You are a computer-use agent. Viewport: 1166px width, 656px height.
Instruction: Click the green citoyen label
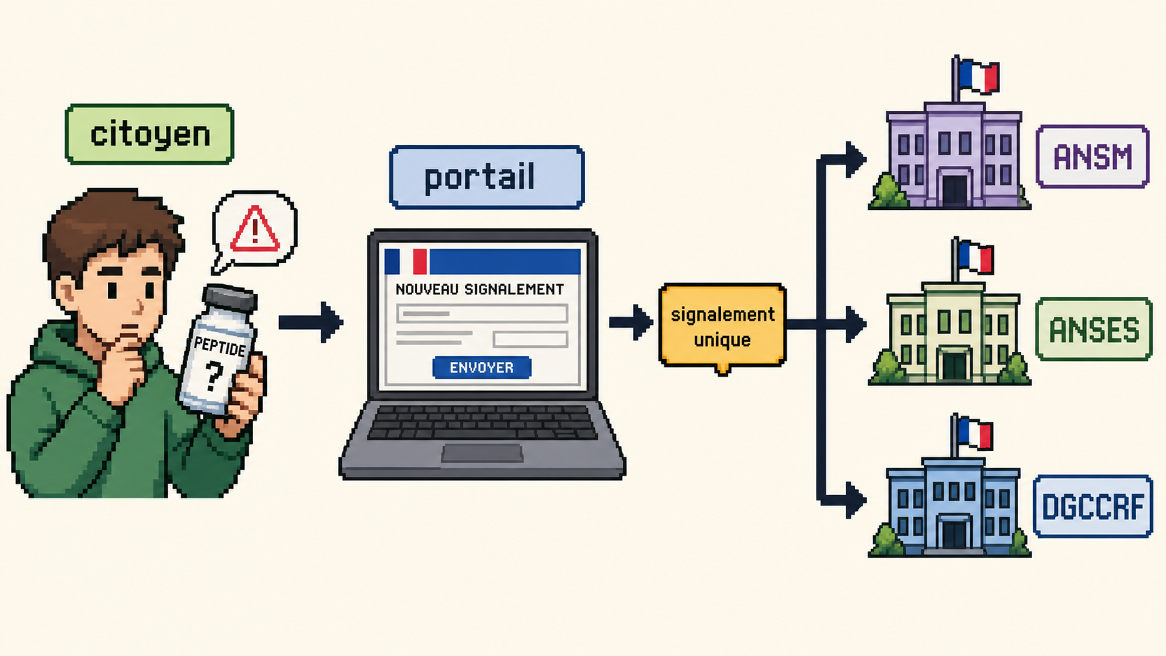point(149,135)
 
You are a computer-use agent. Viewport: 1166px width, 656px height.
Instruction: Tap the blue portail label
point(487,177)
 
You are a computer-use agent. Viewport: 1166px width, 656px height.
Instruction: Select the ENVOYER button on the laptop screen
point(481,367)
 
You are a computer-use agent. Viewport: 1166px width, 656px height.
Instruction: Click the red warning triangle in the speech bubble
point(255,229)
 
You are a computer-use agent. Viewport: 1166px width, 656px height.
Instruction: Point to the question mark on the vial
point(214,376)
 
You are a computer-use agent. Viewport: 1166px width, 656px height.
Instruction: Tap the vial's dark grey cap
point(229,298)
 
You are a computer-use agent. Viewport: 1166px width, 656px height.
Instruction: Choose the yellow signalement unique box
point(722,327)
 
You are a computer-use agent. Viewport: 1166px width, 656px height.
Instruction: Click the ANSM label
point(1093,157)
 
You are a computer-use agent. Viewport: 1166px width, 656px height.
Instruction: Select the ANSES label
point(1093,329)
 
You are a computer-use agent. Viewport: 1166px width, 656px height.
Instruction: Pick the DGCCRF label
point(1093,506)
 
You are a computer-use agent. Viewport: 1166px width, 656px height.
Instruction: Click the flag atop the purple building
point(978,77)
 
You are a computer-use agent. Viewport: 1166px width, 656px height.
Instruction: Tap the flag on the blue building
point(976,433)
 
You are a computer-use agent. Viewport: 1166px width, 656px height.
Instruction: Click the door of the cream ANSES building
point(954,366)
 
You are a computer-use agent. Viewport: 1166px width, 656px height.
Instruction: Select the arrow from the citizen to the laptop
point(311,322)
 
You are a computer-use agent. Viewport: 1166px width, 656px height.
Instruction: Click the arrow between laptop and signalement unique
point(631,323)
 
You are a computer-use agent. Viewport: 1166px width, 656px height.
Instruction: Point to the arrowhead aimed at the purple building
point(856,159)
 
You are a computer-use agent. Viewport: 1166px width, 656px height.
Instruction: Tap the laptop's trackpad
point(482,453)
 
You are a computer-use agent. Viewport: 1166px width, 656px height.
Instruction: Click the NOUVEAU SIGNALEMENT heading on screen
point(479,289)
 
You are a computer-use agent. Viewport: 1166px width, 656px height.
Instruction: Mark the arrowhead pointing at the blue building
point(856,501)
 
